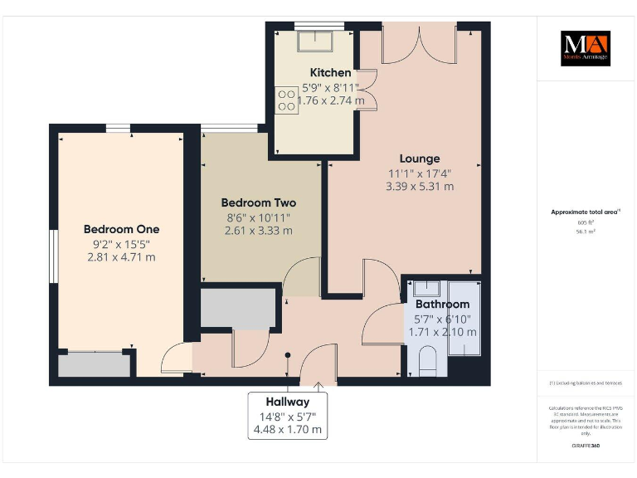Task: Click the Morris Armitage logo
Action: (x=585, y=48)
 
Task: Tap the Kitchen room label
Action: (x=330, y=73)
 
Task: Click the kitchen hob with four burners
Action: (x=287, y=100)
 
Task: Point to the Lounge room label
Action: (x=420, y=159)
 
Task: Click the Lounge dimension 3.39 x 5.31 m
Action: (x=420, y=187)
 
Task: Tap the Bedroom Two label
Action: (x=258, y=202)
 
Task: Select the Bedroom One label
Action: (x=121, y=229)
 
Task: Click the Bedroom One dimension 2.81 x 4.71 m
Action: (x=121, y=257)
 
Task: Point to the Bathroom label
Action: (x=442, y=305)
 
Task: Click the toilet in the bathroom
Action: (x=429, y=361)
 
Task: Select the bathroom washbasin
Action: (x=426, y=289)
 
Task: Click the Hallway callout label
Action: (x=288, y=402)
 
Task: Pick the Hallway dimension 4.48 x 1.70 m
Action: (x=288, y=430)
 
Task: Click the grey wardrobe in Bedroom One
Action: (x=95, y=365)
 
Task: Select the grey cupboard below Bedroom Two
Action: (x=238, y=308)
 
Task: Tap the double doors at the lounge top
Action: (x=419, y=43)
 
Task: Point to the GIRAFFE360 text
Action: (x=585, y=446)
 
